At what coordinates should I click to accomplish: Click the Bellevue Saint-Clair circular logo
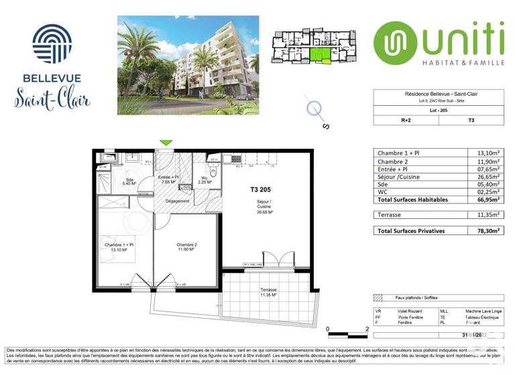52,44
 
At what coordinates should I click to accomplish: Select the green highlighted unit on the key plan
321,56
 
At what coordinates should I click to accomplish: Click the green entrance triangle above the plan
165,142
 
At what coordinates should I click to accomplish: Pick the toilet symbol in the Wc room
213,171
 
